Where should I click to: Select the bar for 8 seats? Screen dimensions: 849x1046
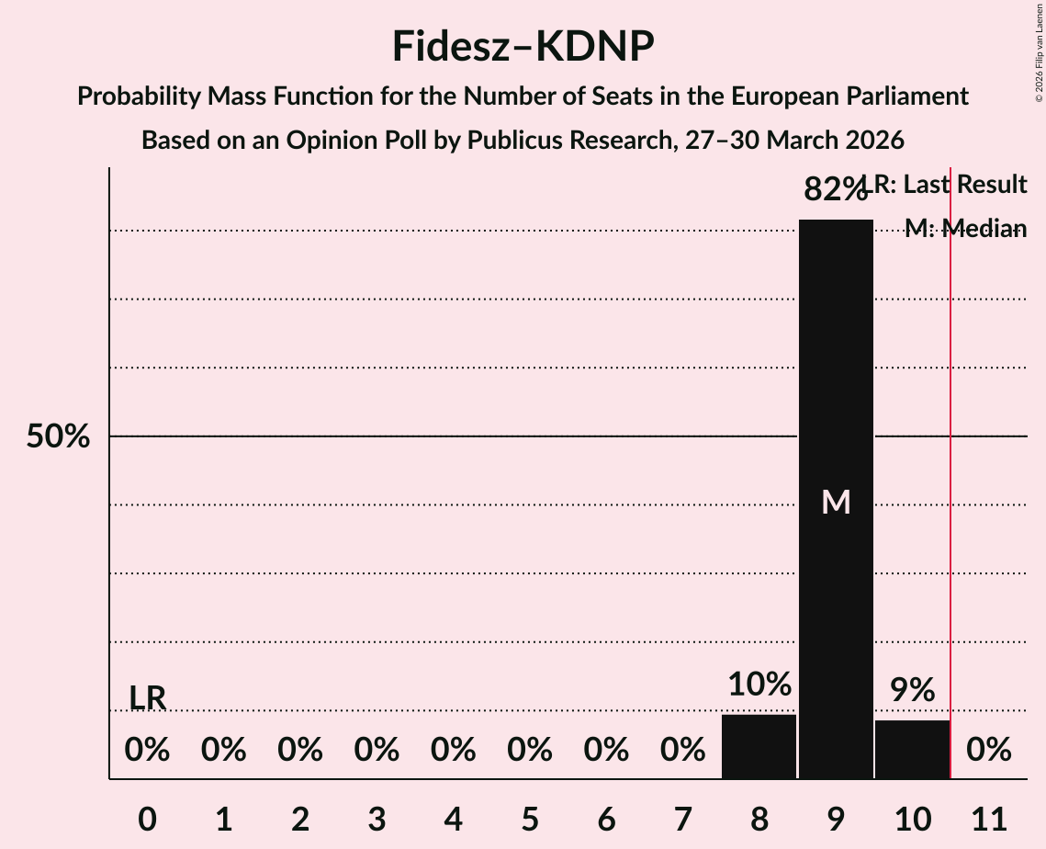coord(759,746)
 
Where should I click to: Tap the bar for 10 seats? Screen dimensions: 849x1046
coord(912,749)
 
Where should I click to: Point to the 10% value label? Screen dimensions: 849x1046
coord(759,685)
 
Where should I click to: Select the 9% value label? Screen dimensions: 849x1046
coord(912,690)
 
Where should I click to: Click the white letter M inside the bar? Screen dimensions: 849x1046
coord(836,502)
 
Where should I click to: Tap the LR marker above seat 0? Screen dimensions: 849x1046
coord(147,698)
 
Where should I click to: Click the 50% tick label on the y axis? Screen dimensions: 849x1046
coord(58,436)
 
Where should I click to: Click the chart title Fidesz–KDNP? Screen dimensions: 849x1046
coord(523,46)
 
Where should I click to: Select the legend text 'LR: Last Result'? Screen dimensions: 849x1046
coord(950,185)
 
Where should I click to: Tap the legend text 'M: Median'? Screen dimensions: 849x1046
coord(965,229)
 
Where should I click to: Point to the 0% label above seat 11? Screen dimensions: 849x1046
coord(989,751)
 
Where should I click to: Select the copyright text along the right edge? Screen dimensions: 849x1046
coord(1039,51)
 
